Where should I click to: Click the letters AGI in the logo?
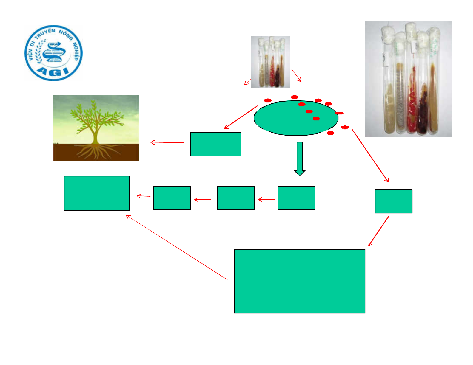click(x=53, y=72)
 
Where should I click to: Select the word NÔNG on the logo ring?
click(x=66, y=35)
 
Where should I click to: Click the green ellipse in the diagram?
click(x=296, y=118)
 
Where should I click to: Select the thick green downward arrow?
click(x=300, y=159)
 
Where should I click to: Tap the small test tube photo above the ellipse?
click(x=270, y=62)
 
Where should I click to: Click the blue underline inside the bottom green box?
click(x=261, y=291)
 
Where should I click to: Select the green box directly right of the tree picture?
click(x=216, y=144)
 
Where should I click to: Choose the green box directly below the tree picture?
click(x=97, y=193)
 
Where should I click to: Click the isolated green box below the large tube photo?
click(x=394, y=201)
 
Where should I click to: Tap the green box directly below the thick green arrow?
click(x=296, y=198)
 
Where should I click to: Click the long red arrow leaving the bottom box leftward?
click(x=177, y=247)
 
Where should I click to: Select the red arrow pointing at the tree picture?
click(x=167, y=142)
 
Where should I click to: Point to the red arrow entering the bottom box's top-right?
click(x=378, y=231)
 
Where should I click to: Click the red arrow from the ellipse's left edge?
click(x=241, y=117)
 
